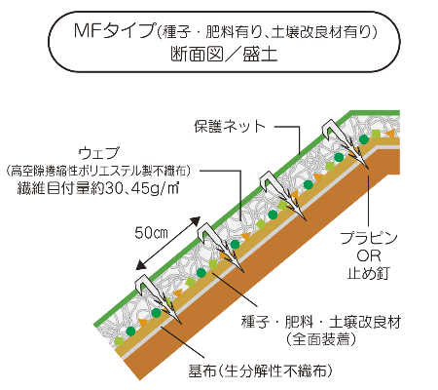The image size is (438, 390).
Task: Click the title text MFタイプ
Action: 114,31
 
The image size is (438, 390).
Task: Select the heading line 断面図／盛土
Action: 224,54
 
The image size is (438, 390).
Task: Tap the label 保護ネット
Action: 230,127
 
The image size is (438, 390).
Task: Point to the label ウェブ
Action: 99,153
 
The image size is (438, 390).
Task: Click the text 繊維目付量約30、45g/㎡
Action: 98,188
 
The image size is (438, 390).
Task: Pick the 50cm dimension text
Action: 151,233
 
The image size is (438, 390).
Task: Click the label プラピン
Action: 369,238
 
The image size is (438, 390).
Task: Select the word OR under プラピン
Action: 369,256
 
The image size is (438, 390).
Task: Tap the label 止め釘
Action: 369,273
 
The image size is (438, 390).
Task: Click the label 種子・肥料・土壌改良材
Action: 321,322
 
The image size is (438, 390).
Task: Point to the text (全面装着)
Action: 321,339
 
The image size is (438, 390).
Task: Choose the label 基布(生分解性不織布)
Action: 261,370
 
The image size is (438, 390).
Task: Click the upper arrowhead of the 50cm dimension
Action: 196,221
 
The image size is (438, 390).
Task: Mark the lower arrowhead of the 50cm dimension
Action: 141,265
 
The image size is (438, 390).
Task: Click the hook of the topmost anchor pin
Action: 330,129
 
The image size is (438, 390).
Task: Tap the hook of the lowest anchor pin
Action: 144,285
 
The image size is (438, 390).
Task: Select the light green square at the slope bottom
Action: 120,341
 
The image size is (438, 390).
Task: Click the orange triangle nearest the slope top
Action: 389,134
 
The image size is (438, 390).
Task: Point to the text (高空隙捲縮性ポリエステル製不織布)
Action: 98,171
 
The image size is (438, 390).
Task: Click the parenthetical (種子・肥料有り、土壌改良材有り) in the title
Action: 267,32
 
